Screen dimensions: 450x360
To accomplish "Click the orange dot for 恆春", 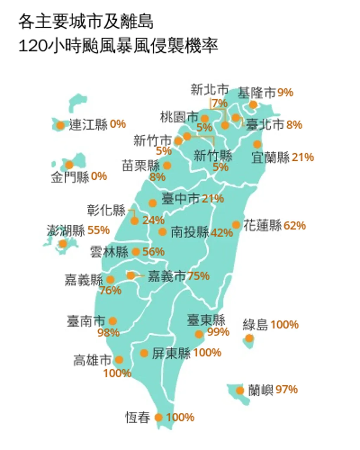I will pos(159,417).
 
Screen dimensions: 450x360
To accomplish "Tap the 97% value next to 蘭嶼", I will pos(287,390).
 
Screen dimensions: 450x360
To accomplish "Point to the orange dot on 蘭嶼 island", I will pos(240,391).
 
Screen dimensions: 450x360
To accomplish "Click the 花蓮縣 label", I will pos(263,226).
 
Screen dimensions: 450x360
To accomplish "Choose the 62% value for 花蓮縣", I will pos(295,225).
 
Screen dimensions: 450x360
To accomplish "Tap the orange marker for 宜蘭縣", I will pos(257,144).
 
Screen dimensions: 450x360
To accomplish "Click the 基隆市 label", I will pos(257,93).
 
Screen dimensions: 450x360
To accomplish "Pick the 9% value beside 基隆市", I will pos(285,92).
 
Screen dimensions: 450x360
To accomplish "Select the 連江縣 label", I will pos(88,124).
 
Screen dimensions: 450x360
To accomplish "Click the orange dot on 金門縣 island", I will pos(69,165).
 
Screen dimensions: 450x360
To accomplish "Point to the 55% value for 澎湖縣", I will pos(98,230).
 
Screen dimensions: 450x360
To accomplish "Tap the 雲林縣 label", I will pos(109,252).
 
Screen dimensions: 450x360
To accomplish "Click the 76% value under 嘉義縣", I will pos(110,290).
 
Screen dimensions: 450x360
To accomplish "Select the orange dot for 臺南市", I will pos(113,321).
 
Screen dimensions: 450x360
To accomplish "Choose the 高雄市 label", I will pos(92,360).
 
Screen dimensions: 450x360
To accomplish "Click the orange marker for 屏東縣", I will pos(144,353).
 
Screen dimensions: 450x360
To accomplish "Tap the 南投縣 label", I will pos(190,232).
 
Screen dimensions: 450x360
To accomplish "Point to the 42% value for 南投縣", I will pos(222,232).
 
